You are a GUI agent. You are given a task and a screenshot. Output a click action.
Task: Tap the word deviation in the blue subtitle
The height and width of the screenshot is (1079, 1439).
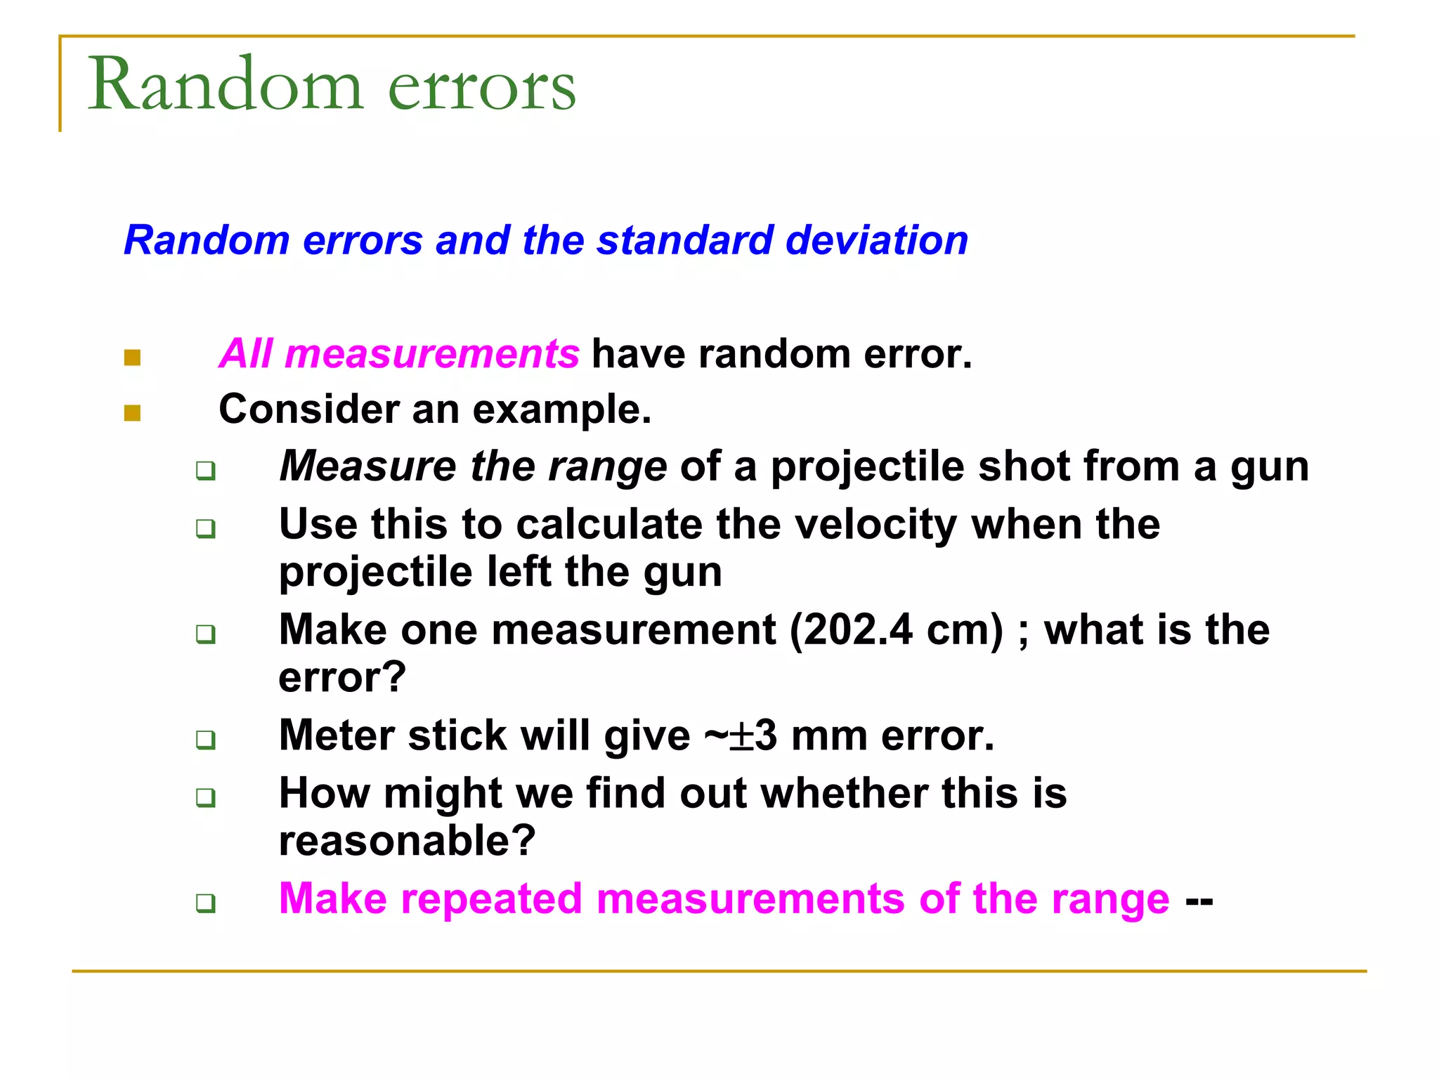[x=877, y=240]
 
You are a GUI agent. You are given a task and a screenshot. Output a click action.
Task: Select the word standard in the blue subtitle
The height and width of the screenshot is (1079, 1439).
[x=684, y=240]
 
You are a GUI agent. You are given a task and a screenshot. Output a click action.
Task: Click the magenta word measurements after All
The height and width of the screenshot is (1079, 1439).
[x=432, y=353]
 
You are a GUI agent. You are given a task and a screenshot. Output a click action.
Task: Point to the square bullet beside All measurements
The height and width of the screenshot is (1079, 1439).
[x=132, y=358]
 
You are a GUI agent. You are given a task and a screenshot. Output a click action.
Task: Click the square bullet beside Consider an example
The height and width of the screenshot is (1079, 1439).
[x=132, y=413]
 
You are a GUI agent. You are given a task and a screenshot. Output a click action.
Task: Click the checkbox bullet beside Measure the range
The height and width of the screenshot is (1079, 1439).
[x=205, y=470]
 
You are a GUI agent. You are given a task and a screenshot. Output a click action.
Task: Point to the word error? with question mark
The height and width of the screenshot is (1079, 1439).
[x=342, y=677]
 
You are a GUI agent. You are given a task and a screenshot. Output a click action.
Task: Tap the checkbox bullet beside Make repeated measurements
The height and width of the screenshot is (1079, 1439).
[x=205, y=903]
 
